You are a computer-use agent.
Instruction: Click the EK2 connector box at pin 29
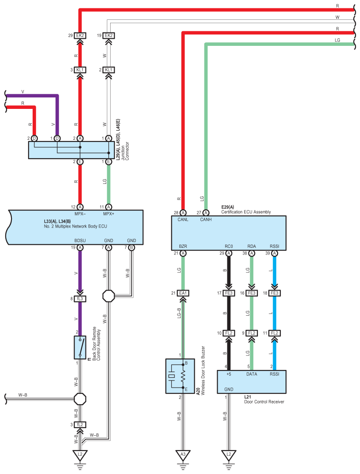(80, 36)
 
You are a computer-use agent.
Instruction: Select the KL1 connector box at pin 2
(108, 70)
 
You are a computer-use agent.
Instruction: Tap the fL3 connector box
(80, 299)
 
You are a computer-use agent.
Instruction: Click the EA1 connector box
(183, 293)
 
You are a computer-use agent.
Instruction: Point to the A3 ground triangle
(183, 455)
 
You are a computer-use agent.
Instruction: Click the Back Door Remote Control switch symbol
(80, 347)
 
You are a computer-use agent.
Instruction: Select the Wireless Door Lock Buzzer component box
(180, 376)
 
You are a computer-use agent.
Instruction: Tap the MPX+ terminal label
(109, 214)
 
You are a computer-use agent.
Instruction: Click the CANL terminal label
(183, 220)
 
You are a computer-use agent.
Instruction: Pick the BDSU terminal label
(80, 241)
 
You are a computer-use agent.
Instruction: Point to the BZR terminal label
(183, 246)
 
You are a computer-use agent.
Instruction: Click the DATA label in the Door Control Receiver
(252, 374)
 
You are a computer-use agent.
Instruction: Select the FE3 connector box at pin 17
(229, 293)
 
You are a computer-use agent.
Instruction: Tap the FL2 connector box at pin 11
(275, 333)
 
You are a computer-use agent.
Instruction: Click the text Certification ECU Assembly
(246, 212)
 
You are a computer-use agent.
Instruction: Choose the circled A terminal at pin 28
(183, 213)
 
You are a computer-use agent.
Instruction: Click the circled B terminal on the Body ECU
(131, 247)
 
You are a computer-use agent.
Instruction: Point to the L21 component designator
(248, 397)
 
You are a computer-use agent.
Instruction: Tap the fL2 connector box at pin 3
(80, 425)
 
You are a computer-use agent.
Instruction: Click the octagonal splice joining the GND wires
(109, 296)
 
